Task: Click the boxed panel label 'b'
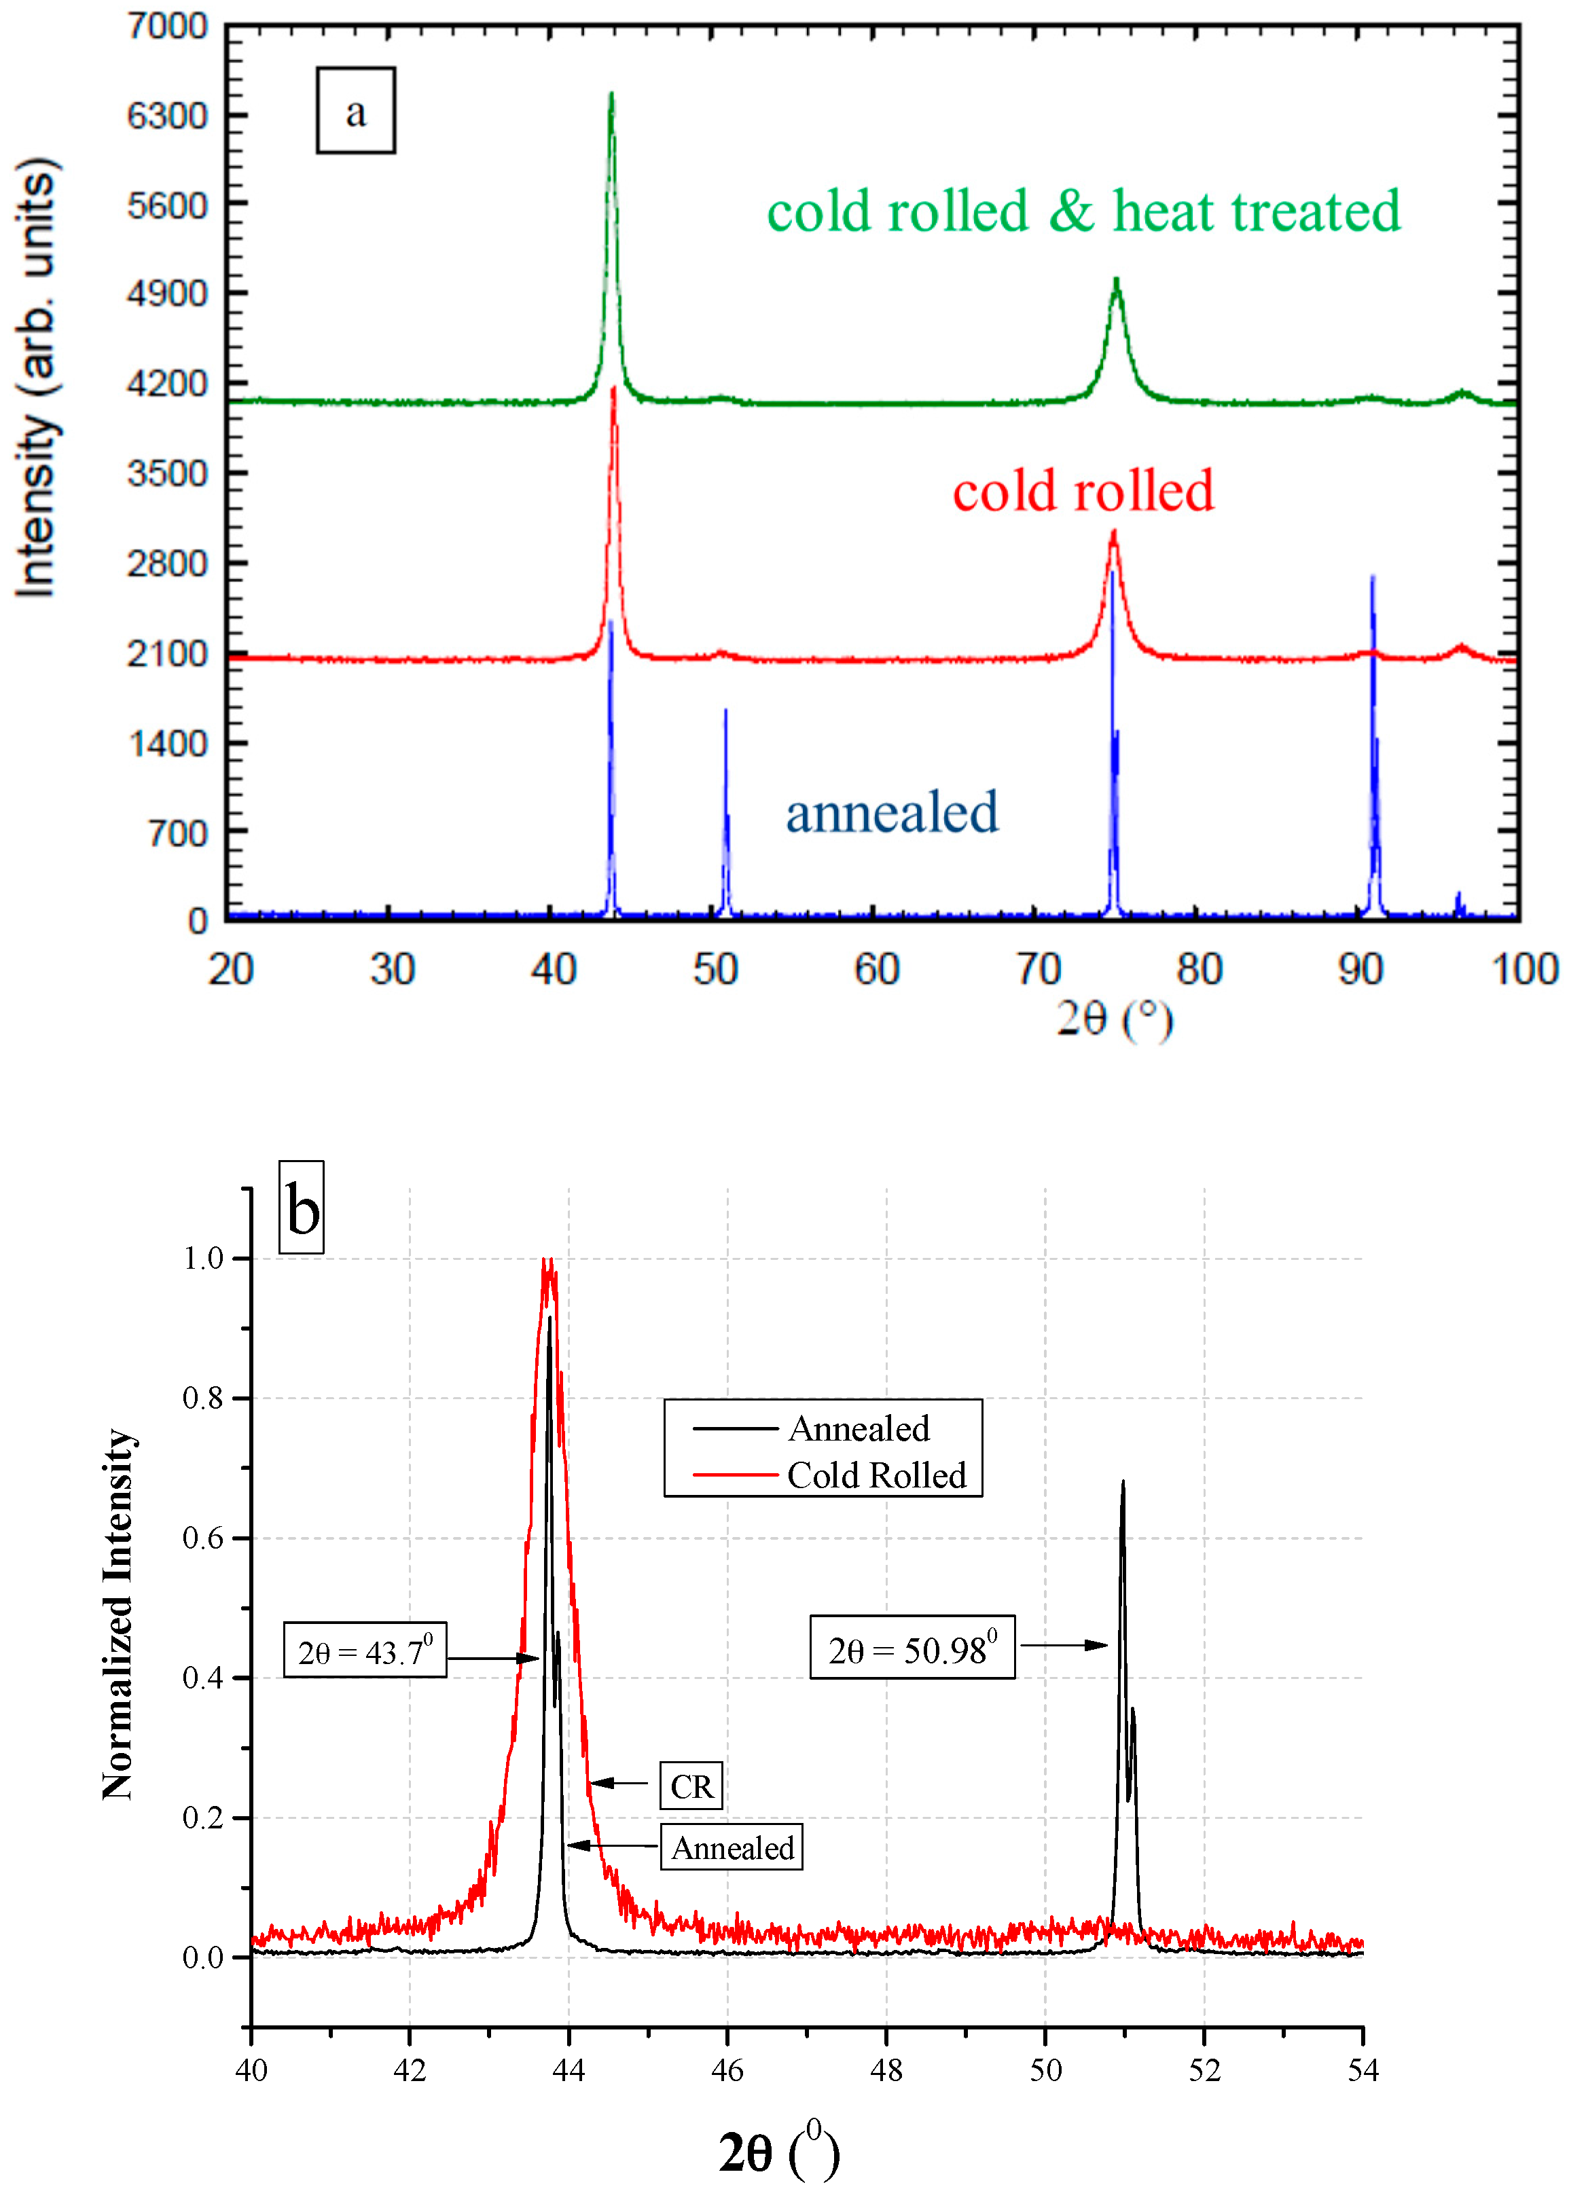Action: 302,1209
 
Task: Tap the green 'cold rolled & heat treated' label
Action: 1083,212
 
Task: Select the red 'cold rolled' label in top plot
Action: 1083,491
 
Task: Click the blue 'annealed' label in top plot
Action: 891,812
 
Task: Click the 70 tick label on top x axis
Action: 1037,969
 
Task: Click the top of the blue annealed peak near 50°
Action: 725,712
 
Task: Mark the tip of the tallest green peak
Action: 611,94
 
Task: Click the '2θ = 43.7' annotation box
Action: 365,1651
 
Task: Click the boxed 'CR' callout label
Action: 691,1786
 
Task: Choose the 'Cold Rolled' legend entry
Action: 875,1476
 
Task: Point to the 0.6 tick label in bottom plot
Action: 202,1538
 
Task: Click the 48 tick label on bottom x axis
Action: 886,2070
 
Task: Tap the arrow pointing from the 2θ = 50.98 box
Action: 1064,1644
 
